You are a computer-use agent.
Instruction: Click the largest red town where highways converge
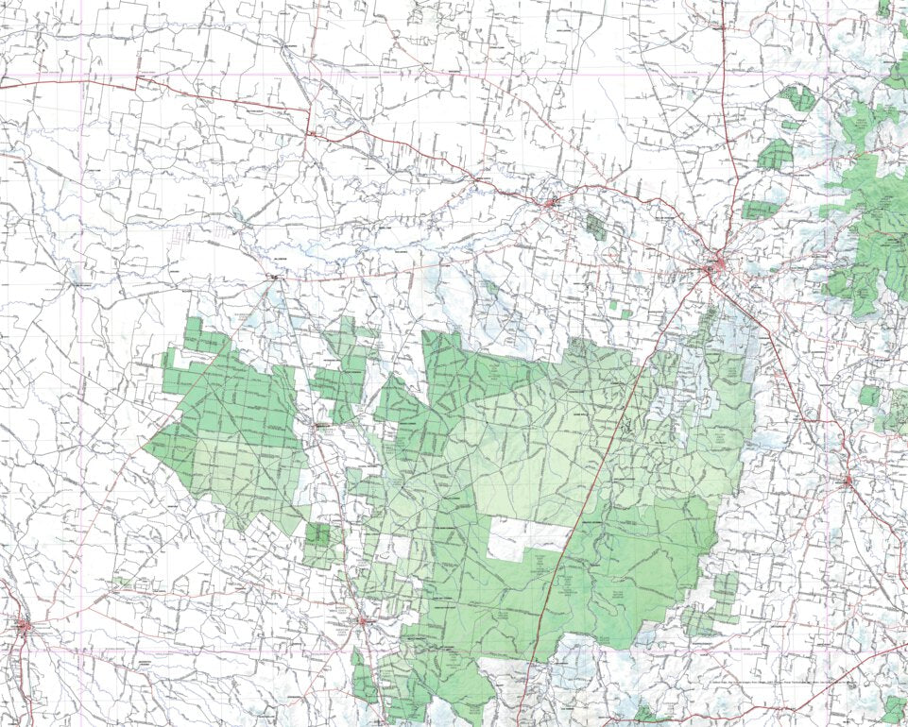click(716, 267)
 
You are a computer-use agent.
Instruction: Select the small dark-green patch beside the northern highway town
click(594, 226)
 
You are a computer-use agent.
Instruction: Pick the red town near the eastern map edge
click(848, 482)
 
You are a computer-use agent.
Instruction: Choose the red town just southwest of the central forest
click(363, 620)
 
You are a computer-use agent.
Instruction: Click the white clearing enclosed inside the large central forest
click(528, 538)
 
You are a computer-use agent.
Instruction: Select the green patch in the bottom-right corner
click(893, 707)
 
